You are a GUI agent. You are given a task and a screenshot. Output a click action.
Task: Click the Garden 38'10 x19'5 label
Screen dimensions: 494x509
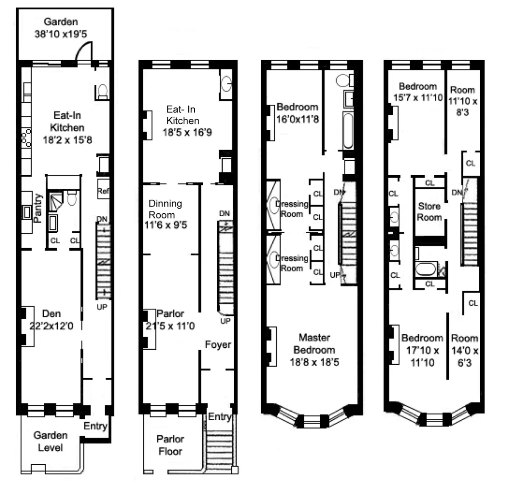click(x=61, y=28)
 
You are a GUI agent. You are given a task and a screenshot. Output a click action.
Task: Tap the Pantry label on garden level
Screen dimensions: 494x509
click(x=38, y=208)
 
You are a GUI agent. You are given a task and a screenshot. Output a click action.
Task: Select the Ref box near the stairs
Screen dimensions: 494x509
click(x=103, y=191)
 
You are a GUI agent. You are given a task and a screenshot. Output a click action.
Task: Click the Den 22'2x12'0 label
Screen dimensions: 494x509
click(x=51, y=320)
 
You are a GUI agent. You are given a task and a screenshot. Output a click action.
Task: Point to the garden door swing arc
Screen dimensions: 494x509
click(x=83, y=51)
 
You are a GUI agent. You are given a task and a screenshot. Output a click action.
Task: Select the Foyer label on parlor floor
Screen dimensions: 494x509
click(x=218, y=344)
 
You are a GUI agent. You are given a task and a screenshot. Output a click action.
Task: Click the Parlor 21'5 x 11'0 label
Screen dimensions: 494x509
click(x=170, y=320)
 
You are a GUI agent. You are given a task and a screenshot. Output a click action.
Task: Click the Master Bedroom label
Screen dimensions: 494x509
click(x=314, y=350)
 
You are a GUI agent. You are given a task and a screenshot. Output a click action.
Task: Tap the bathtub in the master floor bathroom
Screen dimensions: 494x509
click(x=348, y=131)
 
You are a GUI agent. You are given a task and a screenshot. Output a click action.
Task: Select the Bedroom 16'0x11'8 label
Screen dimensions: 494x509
click(x=297, y=113)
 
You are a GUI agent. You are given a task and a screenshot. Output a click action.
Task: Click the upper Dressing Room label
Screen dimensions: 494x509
click(x=292, y=209)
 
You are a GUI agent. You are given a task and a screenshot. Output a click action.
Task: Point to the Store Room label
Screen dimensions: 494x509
click(x=429, y=212)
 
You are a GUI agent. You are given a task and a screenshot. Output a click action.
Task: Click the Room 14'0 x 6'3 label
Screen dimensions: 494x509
click(x=464, y=350)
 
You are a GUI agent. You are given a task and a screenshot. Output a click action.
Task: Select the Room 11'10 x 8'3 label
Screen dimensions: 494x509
click(x=462, y=101)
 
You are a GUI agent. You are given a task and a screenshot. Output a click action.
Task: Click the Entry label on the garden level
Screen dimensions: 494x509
click(x=95, y=426)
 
